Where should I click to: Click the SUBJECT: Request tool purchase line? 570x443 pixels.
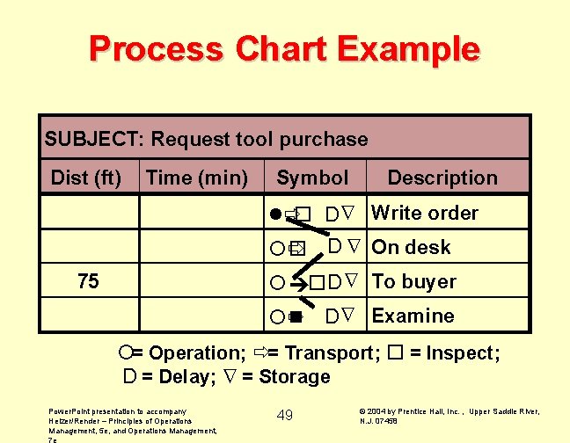click(x=207, y=139)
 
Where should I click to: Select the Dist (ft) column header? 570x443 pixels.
click(x=86, y=178)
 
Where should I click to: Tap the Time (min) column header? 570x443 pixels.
click(x=197, y=178)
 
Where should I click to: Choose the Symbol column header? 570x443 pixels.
click(x=312, y=178)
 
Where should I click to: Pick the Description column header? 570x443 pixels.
click(x=442, y=178)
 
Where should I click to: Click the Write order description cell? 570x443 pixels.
click(x=425, y=213)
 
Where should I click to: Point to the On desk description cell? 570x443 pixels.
click(x=412, y=247)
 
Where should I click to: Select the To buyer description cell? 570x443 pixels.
click(x=414, y=281)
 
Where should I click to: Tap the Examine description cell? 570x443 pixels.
click(x=413, y=316)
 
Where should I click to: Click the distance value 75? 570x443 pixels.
click(x=88, y=281)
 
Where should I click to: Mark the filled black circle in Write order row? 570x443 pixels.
click(x=275, y=214)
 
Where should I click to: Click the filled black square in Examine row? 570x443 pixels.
click(x=296, y=316)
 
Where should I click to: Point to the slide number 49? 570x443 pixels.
click(x=284, y=415)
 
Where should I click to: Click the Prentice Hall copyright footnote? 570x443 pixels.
click(x=449, y=415)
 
